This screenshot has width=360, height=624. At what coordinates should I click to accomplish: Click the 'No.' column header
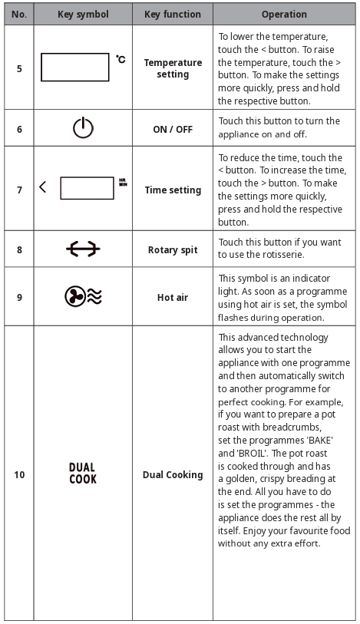[x=19, y=14]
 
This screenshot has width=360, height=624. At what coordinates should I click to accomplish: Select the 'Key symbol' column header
[x=83, y=14]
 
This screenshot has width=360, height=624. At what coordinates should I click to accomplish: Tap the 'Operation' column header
[x=284, y=14]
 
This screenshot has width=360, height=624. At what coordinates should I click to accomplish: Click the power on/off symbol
[x=83, y=129]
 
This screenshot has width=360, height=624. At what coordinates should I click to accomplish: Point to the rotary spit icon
[x=83, y=249]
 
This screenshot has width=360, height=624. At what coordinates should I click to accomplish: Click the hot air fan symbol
[x=83, y=296]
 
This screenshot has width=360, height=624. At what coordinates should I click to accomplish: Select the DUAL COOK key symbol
[x=83, y=474]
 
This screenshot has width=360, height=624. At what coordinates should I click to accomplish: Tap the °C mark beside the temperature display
[x=121, y=58]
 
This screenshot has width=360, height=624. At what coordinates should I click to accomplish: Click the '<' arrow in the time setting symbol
[x=43, y=187]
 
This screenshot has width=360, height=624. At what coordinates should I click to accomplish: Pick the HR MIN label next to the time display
[x=122, y=183]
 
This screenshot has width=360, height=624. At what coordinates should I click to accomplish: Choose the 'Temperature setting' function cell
[x=173, y=68]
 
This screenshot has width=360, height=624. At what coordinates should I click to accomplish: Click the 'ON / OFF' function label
[x=173, y=129]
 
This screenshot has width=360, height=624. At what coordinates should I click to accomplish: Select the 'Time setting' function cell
[x=173, y=190]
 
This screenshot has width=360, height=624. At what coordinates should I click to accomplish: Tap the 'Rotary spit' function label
[x=173, y=249]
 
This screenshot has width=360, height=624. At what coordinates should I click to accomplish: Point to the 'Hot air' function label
[x=173, y=296]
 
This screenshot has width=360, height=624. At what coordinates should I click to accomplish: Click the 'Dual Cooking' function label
[x=173, y=474]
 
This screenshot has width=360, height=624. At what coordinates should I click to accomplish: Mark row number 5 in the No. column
[x=19, y=68]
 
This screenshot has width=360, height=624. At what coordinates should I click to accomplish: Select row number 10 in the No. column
[x=19, y=474]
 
